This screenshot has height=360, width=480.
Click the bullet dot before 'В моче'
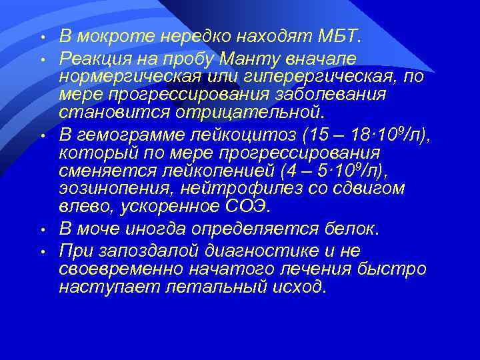pos(41,230)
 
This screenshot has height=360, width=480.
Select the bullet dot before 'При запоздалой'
pos(41,252)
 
